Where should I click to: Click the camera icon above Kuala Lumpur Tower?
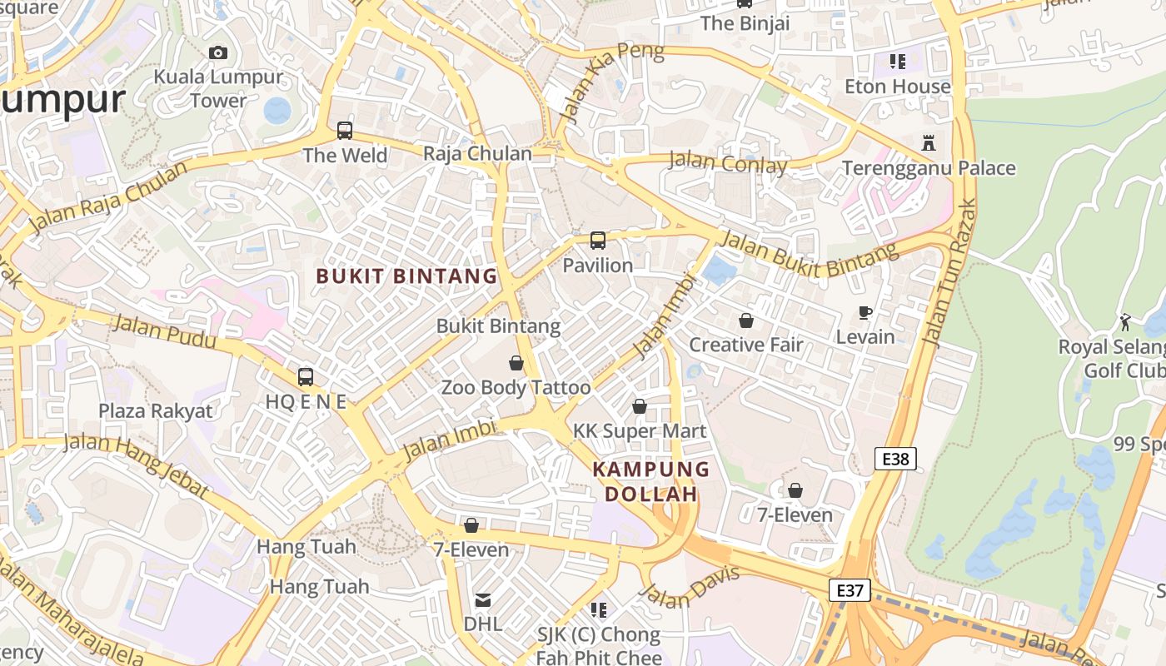point(218,53)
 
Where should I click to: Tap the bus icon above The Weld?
point(345,131)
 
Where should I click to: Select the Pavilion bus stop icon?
point(598,241)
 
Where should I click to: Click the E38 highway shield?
point(896,458)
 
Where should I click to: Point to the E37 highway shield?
point(850,590)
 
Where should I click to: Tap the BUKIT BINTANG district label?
point(406,276)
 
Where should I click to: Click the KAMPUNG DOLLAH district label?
point(650,481)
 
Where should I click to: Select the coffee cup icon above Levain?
point(865,312)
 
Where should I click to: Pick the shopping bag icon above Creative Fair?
point(746,320)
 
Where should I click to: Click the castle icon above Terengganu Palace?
point(929,143)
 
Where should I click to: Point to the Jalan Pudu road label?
point(164,331)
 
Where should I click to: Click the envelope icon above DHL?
point(483,599)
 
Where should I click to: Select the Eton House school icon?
point(897,61)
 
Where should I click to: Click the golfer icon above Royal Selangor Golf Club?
point(1126,321)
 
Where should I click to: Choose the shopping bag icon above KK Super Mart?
point(640,406)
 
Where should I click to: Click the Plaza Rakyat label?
point(156,410)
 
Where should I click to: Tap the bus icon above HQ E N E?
point(306,376)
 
